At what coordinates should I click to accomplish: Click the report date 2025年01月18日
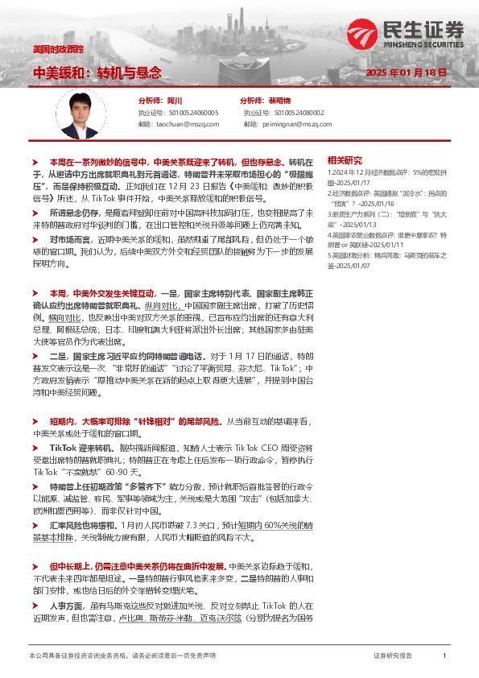[404, 72]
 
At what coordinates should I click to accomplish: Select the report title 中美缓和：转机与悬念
[96, 72]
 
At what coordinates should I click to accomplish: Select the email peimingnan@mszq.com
[292, 124]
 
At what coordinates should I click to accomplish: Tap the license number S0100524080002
[292, 113]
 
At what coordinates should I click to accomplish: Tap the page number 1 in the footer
[444, 656]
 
